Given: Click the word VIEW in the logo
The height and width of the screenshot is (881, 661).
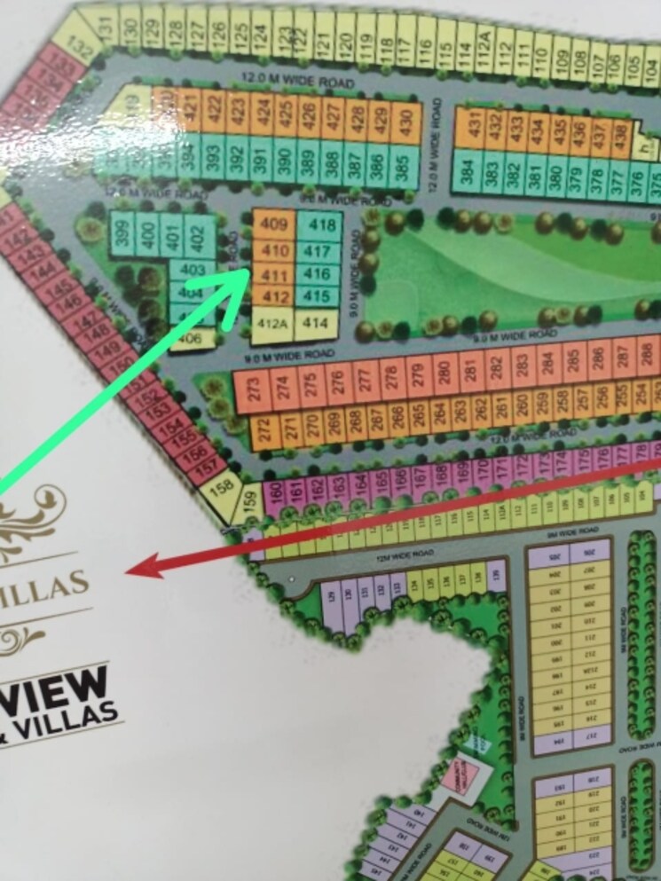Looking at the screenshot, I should [x=58, y=691].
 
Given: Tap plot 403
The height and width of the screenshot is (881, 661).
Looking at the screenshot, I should [x=192, y=270].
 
